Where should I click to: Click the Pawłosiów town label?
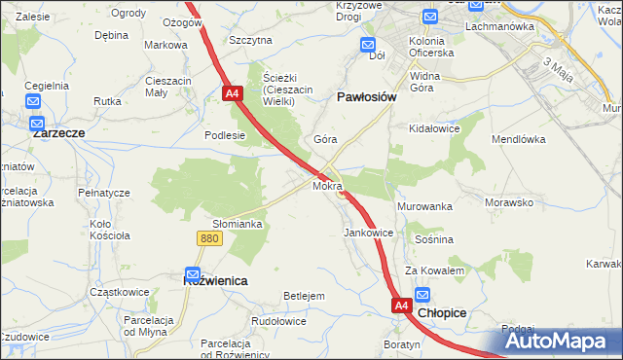(x=366, y=97)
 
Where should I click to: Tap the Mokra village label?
(x=327, y=185)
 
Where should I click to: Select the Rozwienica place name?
(x=215, y=279)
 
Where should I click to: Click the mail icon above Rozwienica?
(x=193, y=275)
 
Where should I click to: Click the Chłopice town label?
(x=442, y=314)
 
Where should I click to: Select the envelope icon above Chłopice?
(x=422, y=295)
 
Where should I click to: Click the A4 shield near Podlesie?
(x=232, y=94)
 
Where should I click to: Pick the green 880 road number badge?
(x=207, y=237)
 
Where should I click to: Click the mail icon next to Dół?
(x=368, y=45)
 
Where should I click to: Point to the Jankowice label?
(x=369, y=234)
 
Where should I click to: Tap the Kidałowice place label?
(x=435, y=128)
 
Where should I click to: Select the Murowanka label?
(x=424, y=207)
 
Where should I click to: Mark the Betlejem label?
(x=303, y=295)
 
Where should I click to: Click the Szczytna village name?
(x=250, y=40)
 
